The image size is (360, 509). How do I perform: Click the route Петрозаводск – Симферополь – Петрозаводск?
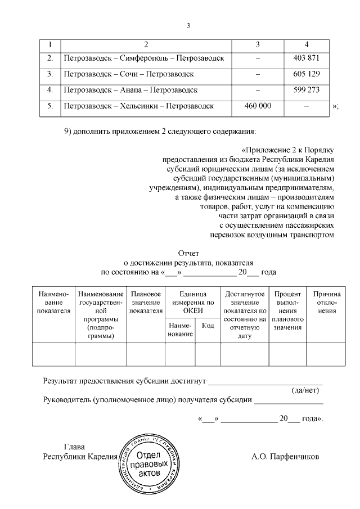144,58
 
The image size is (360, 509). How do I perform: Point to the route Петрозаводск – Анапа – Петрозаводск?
130,89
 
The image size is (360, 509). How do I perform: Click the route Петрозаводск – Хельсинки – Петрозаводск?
139,105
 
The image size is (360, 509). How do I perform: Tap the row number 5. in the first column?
50,105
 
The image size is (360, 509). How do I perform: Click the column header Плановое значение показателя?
146,302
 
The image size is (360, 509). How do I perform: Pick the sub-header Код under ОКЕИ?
208,326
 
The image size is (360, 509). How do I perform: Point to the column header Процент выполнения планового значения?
287,310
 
